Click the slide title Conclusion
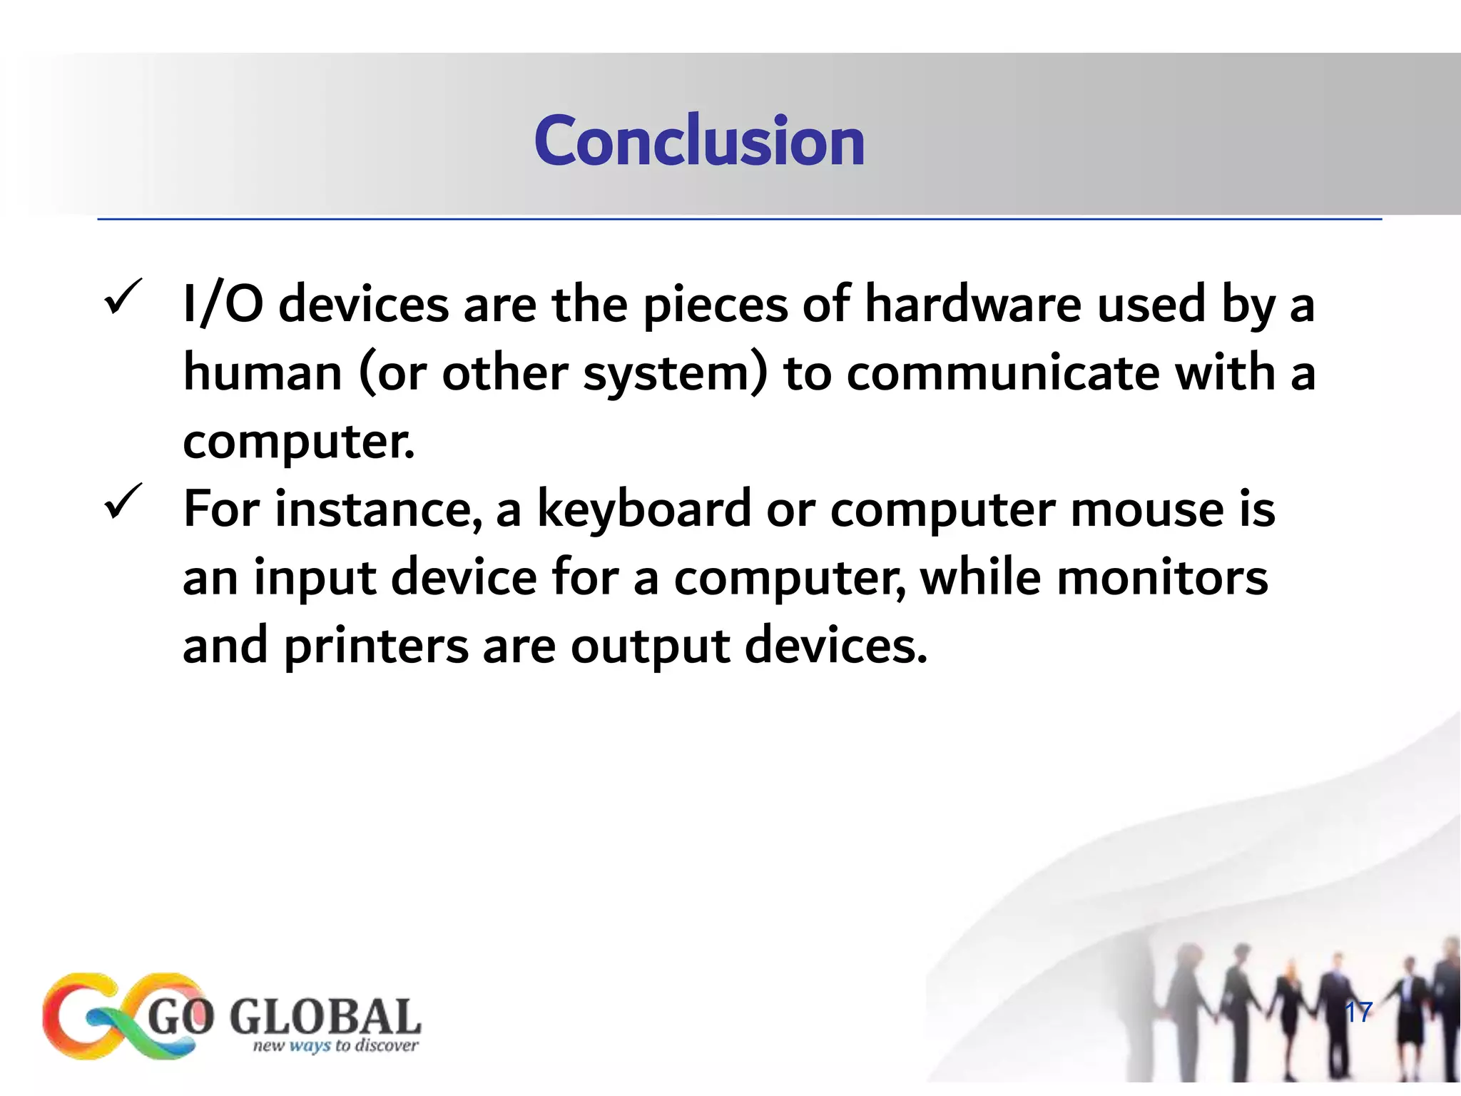pos(699,141)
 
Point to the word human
pos(263,373)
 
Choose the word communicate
pos(1002,373)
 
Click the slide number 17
pos(1358,1012)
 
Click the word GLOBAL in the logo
pos(325,1017)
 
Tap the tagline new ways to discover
pos(335,1046)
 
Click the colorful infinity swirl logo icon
pos(118,1015)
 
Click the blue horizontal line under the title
pos(739,219)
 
